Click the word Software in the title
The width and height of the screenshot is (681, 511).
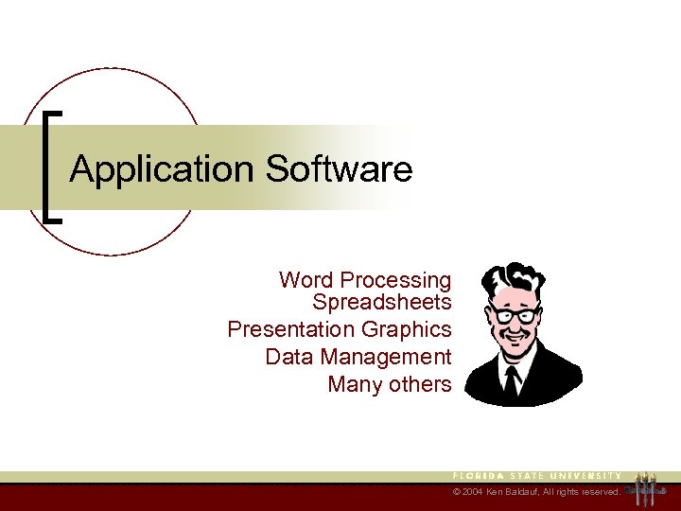tap(340, 170)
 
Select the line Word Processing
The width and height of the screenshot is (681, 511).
tap(365, 280)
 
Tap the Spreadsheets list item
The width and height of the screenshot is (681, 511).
tap(382, 303)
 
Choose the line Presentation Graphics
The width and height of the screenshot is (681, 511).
tap(340, 329)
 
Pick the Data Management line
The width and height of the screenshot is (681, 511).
tap(358, 357)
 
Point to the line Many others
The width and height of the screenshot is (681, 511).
tap(390, 384)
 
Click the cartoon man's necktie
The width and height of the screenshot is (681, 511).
tap(512, 379)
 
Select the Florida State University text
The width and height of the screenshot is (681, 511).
tap(536, 475)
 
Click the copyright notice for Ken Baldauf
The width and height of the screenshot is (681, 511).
tap(536, 493)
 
